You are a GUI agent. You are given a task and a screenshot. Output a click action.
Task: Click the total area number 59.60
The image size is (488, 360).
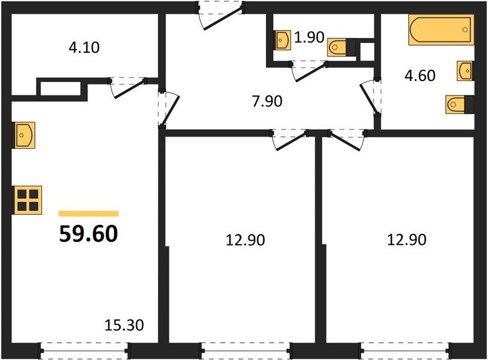pyautogui.click(x=88, y=233)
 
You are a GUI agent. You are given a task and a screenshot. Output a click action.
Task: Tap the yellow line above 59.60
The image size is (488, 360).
pyautogui.click(x=88, y=213)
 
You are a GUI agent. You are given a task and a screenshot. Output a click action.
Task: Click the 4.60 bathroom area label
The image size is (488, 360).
pyautogui.click(x=420, y=76)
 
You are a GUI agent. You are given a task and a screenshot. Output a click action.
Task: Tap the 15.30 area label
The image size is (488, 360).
pyautogui.click(x=124, y=326)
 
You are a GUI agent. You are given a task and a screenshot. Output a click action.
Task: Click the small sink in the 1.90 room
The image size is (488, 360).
pyautogui.click(x=283, y=40)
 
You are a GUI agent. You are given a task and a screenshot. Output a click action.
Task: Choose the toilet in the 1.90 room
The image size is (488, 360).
pyautogui.click(x=339, y=46)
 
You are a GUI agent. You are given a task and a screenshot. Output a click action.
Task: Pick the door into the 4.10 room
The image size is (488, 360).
pyautogui.click(x=128, y=86)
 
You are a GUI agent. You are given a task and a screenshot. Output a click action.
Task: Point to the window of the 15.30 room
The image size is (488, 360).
pyautogui.click(x=84, y=348)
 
